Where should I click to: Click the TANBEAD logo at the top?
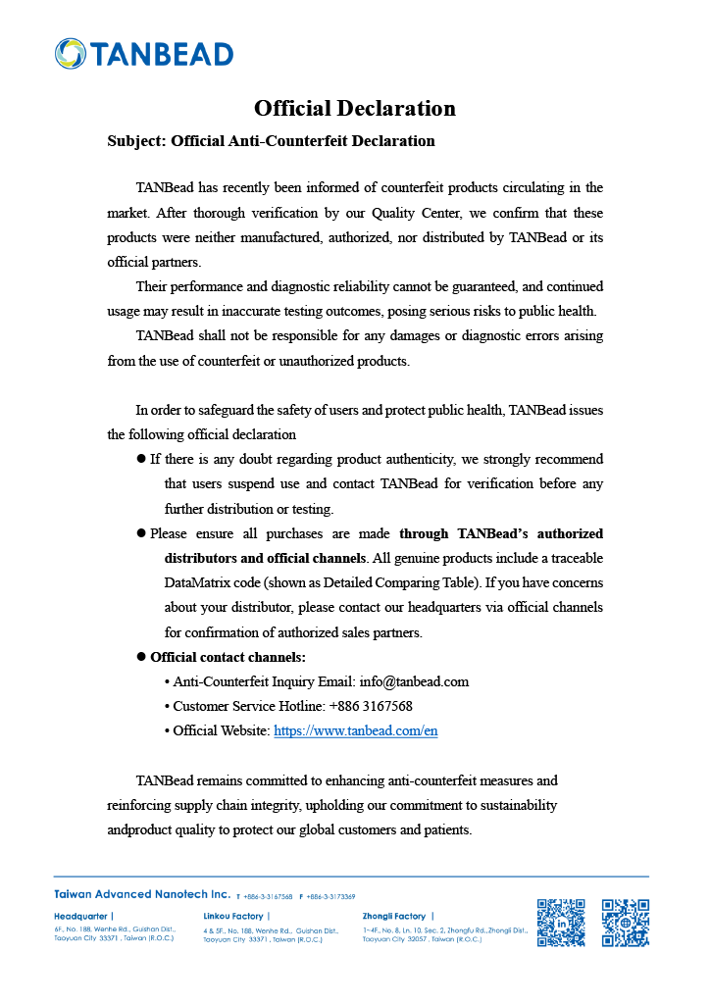click(x=143, y=53)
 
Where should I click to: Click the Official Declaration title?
click(x=355, y=108)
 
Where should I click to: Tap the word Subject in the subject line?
click(x=135, y=140)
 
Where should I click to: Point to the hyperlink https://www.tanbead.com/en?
click(x=355, y=730)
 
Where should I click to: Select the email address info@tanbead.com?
click(x=414, y=681)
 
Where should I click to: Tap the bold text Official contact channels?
click(x=228, y=657)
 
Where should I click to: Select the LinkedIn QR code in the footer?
click(x=561, y=923)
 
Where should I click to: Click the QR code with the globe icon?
click(x=626, y=923)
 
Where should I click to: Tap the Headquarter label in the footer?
click(x=83, y=916)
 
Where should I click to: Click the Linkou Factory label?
click(x=232, y=916)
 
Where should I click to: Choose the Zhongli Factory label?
click(x=394, y=916)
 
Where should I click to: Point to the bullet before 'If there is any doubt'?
click(x=141, y=459)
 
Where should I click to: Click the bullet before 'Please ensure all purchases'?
click(x=141, y=533)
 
